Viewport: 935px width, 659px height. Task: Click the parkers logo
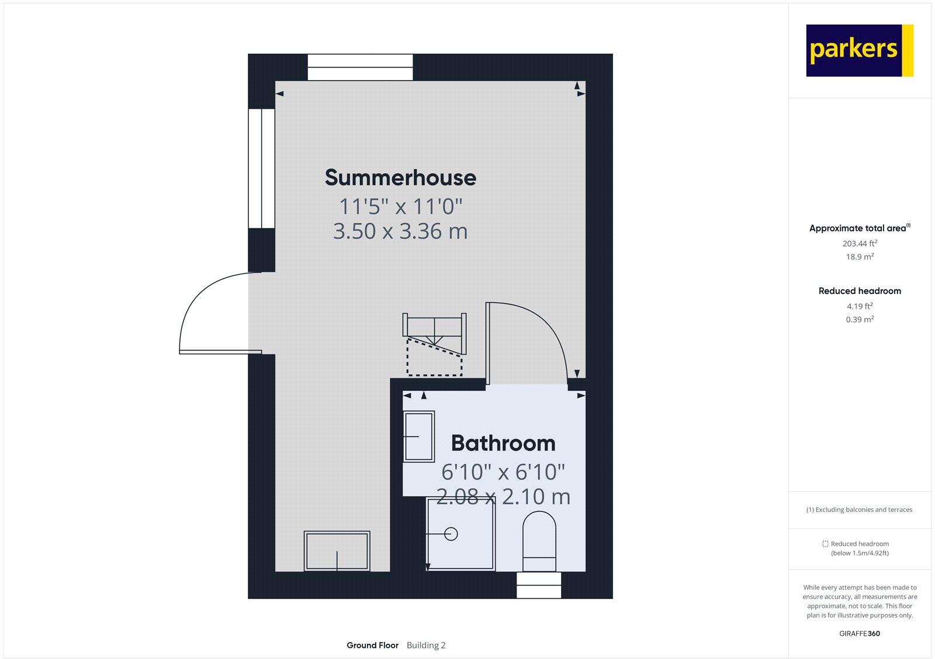pyautogui.click(x=859, y=50)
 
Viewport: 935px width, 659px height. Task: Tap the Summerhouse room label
pyautogui.click(x=400, y=178)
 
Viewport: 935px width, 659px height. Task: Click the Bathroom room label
pyautogui.click(x=503, y=443)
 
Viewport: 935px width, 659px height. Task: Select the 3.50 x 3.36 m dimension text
pyautogui.click(x=400, y=231)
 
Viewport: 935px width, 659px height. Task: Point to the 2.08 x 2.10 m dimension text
pyautogui.click(x=503, y=497)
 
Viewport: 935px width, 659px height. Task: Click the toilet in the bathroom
pyautogui.click(x=539, y=540)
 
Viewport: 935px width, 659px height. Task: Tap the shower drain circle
pyautogui.click(x=451, y=533)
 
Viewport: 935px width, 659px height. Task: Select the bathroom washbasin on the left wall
pyautogui.click(x=418, y=436)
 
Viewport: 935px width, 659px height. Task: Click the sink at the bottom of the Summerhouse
pyautogui.click(x=337, y=550)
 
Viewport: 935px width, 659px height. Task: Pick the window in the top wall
pyautogui.click(x=360, y=67)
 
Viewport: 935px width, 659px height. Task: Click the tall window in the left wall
pyautogui.click(x=261, y=168)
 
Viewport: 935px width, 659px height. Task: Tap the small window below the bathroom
pyautogui.click(x=539, y=585)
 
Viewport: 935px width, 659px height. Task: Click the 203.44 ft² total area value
pyautogui.click(x=860, y=244)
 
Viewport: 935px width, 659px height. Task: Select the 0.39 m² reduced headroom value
pyautogui.click(x=860, y=320)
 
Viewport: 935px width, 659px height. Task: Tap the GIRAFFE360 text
pyautogui.click(x=860, y=633)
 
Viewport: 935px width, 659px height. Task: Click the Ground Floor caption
pyautogui.click(x=372, y=645)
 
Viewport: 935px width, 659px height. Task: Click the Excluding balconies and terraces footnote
pyautogui.click(x=860, y=509)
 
